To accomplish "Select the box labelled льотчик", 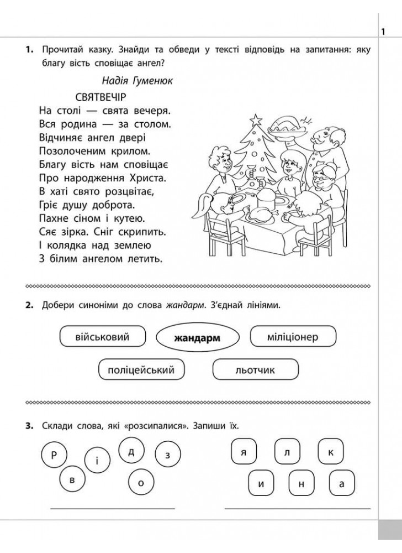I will pyautogui.click(x=255, y=369).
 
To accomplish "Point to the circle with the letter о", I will pyautogui.click(x=141, y=483).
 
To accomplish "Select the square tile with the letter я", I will pyautogui.click(x=242, y=452).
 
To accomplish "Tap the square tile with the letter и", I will pyautogui.click(x=260, y=484).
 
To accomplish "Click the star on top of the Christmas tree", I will pyautogui.click(x=256, y=119).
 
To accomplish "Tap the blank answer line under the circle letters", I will pyautogui.click(x=113, y=507).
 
